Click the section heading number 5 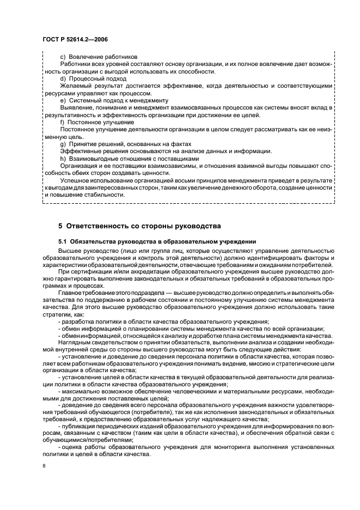[60, 226]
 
